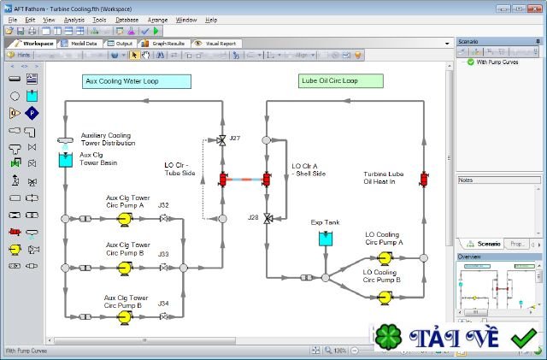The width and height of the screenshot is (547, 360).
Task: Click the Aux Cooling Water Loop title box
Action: [x=136, y=82]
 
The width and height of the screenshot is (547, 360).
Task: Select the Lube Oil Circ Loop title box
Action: [x=340, y=82]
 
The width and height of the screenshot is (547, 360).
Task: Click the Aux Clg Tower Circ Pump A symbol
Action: [x=124, y=219]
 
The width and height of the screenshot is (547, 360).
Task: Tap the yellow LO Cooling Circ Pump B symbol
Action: [x=385, y=298]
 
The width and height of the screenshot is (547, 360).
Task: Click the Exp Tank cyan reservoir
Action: [x=326, y=239]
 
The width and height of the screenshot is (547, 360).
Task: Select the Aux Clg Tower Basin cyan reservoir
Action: [x=65, y=159]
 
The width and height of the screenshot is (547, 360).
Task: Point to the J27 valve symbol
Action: [x=223, y=140]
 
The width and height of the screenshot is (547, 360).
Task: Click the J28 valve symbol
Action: [x=267, y=218]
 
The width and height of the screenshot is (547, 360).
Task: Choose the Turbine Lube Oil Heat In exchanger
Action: [x=424, y=180]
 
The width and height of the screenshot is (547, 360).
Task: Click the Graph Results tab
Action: [x=166, y=43]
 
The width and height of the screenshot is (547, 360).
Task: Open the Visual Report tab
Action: [x=218, y=43]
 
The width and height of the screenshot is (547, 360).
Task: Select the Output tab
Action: [x=121, y=43]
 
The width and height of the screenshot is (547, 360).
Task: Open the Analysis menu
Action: [x=74, y=18]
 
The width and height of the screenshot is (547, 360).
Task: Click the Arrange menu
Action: [x=157, y=18]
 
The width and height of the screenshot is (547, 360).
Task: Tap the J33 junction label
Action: [x=163, y=254]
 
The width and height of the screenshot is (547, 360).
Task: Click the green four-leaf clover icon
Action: [x=389, y=337]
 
